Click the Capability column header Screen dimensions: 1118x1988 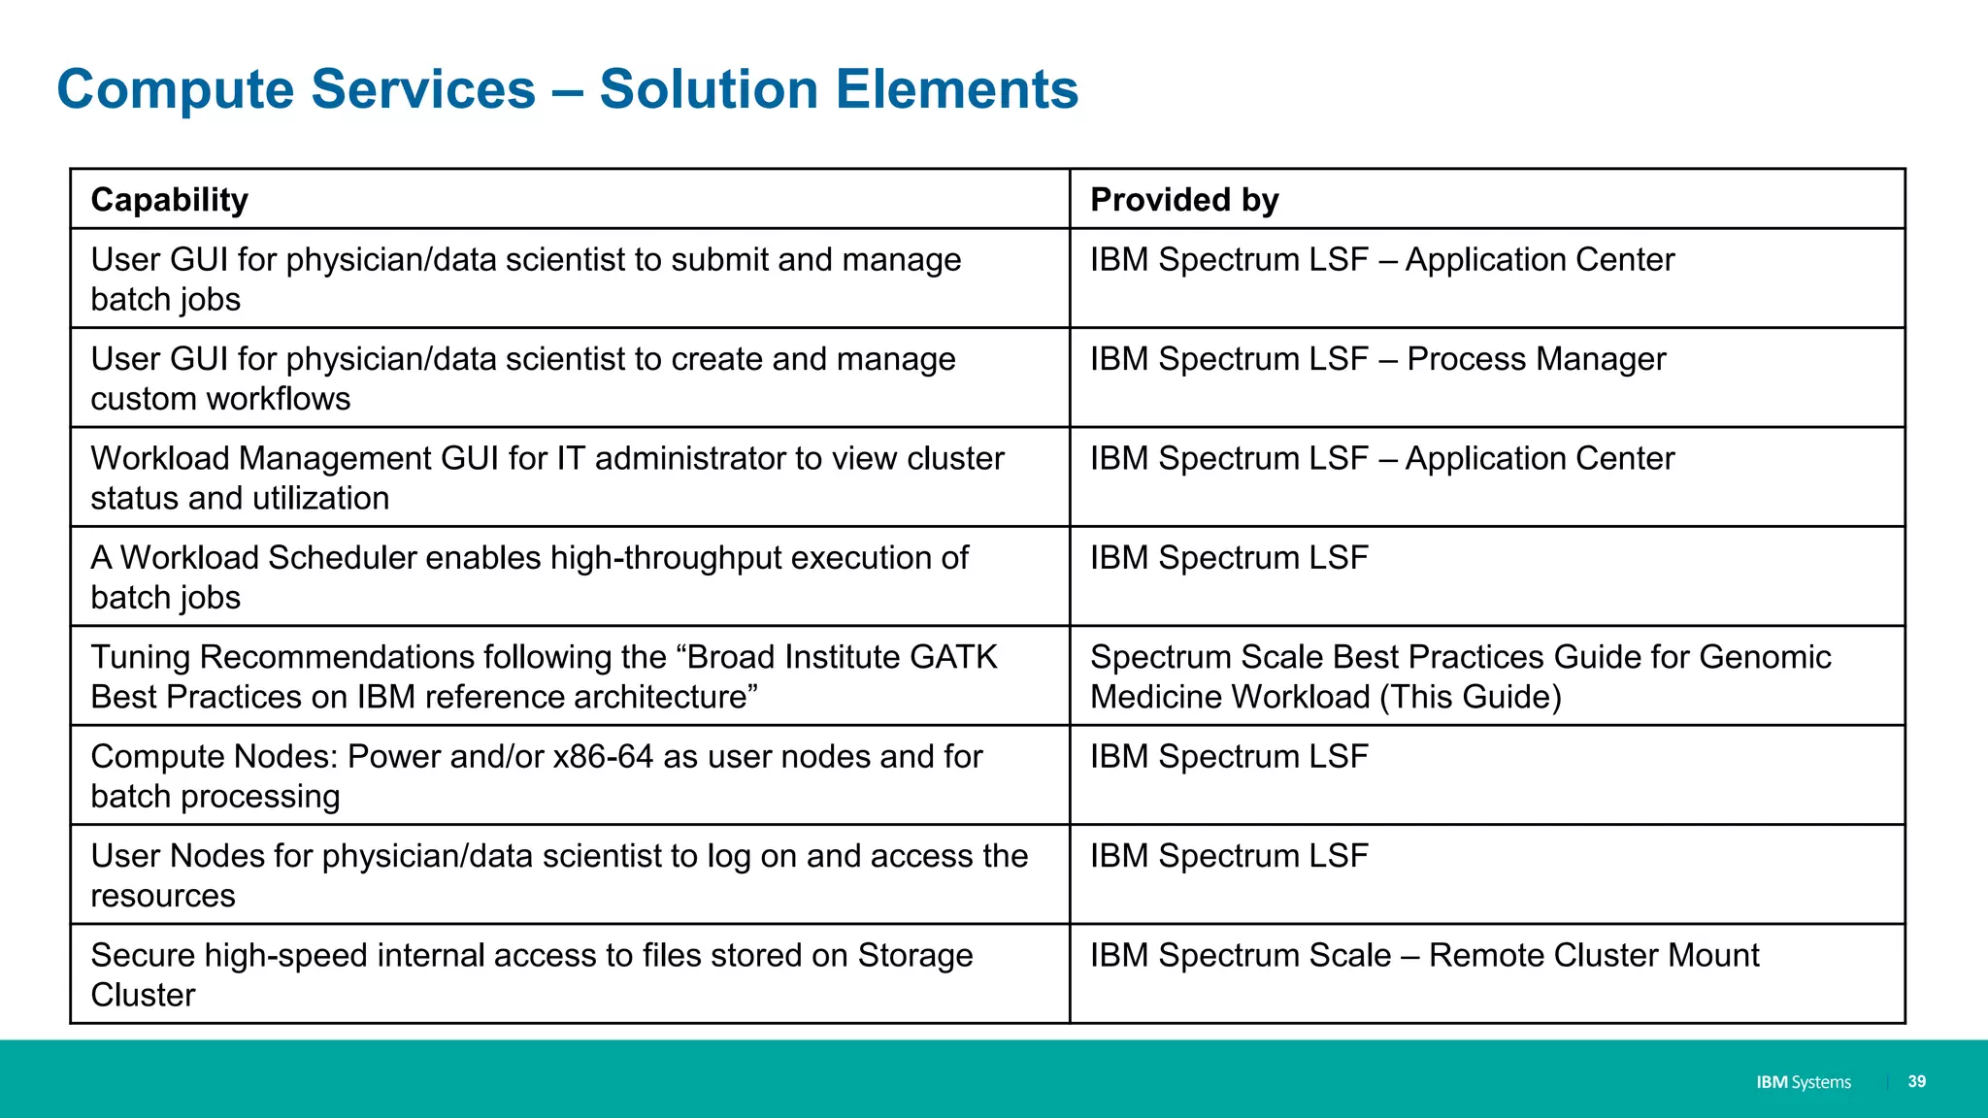(x=170, y=200)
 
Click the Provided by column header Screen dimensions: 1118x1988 (x=1184, y=200)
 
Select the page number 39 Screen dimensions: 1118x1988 (x=1916, y=1081)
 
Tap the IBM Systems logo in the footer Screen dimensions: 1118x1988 (x=1803, y=1082)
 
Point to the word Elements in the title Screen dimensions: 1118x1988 (x=956, y=89)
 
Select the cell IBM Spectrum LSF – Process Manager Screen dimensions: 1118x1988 (x=1377, y=359)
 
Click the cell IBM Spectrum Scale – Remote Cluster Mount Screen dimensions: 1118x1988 (x=1424, y=956)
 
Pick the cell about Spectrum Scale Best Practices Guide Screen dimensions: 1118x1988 (x=1460, y=676)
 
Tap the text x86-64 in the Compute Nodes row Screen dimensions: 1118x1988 (x=603, y=757)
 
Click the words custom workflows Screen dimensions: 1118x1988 (x=220, y=399)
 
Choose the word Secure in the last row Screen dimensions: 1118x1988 (x=143, y=956)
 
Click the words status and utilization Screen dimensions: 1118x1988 (x=240, y=499)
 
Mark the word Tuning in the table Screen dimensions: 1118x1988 (x=140, y=657)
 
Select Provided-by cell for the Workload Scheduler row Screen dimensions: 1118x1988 (x=1229, y=558)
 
